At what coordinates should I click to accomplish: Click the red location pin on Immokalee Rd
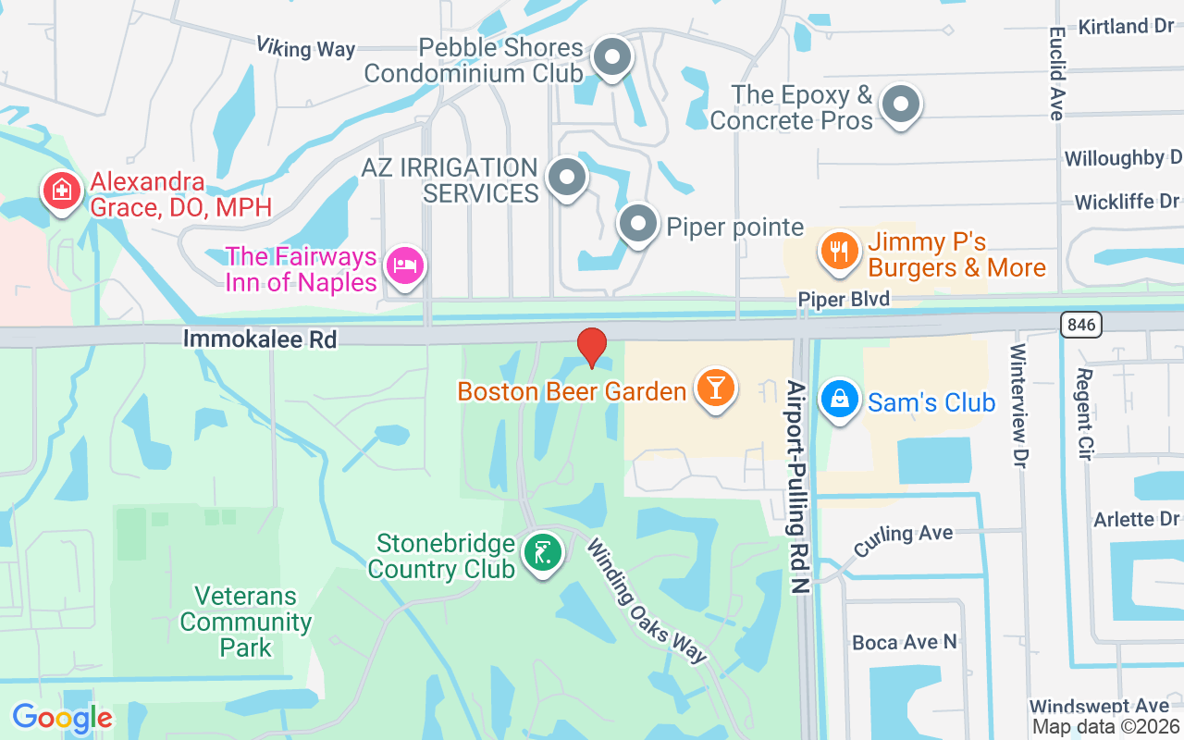(x=592, y=347)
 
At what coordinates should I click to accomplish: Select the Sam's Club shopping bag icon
(x=839, y=399)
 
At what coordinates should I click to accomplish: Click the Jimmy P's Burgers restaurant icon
(x=839, y=251)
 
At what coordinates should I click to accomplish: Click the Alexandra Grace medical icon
(x=61, y=191)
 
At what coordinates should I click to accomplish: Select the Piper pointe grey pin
(x=637, y=223)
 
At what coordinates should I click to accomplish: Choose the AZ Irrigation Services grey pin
(x=567, y=177)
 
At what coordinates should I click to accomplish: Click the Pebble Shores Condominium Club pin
(x=611, y=57)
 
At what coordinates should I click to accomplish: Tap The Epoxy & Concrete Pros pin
(x=900, y=105)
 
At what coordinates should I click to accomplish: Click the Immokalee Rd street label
(x=260, y=339)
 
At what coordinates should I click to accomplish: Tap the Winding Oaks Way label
(x=647, y=600)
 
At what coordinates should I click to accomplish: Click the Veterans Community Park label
(x=245, y=622)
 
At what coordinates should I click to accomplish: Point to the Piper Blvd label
(x=844, y=299)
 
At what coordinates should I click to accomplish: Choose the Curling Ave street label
(x=903, y=540)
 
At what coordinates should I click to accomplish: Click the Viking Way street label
(x=305, y=47)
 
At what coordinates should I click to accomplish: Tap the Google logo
(x=62, y=718)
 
